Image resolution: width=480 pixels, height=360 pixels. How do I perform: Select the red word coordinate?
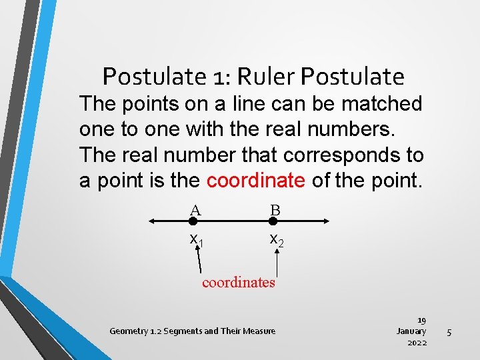point(256,180)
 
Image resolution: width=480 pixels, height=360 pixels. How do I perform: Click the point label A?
point(195,211)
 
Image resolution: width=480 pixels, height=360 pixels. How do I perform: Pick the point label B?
point(275,211)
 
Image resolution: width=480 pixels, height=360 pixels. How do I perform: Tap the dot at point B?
point(273,221)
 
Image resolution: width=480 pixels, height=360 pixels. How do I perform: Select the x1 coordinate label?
point(197,239)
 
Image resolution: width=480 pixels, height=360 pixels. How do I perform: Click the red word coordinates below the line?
point(239,282)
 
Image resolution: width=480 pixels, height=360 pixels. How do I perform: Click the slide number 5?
point(449,331)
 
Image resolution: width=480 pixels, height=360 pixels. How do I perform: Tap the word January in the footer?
point(411,331)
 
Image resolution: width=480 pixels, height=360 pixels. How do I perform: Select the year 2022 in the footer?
point(417,343)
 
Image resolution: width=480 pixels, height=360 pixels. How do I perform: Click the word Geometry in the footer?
point(129,331)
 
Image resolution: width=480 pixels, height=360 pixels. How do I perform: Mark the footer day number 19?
point(421,320)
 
